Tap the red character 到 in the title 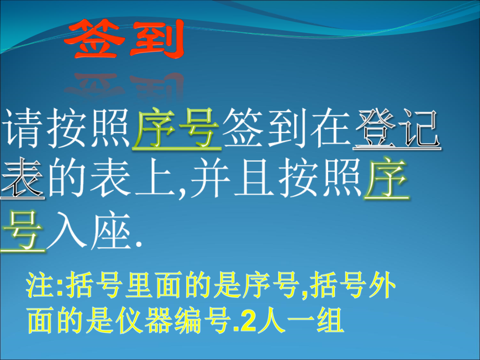click(x=155, y=40)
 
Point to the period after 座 click(x=138, y=243)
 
